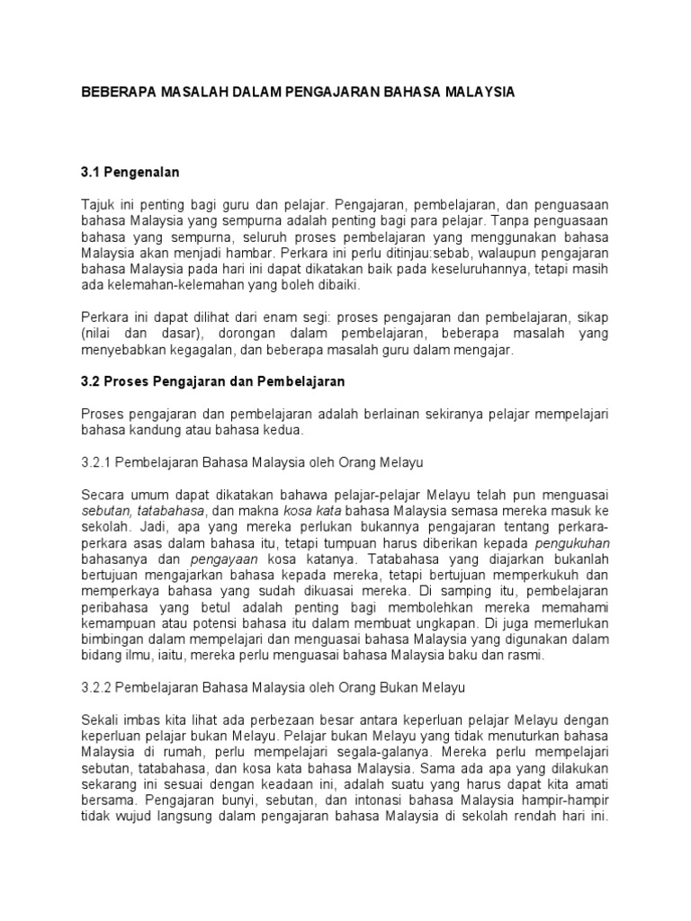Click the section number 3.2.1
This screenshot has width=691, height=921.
coord(99,462)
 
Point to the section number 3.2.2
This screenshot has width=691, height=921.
coord(99,688)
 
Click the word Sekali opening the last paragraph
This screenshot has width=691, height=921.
coord(101,721)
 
